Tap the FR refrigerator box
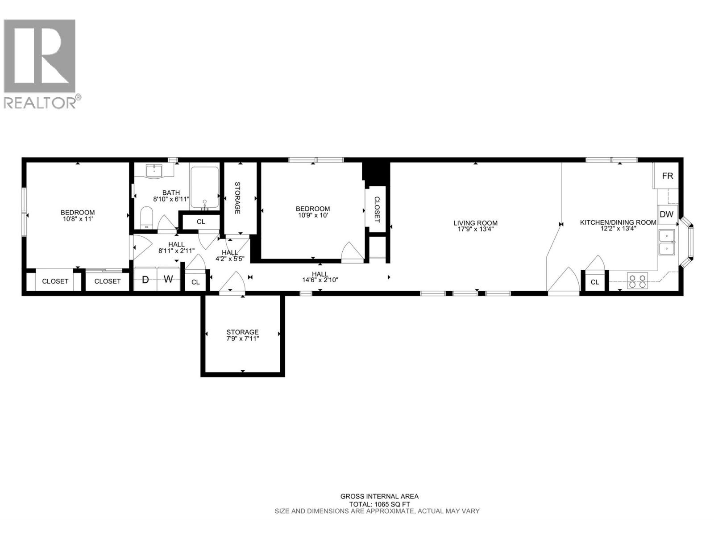667,176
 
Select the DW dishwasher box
666,214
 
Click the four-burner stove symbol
637,281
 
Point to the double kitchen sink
667,242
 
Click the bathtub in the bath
204,188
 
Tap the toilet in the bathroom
146,218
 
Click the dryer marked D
145,280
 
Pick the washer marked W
168,280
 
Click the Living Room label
475,223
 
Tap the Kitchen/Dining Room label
618,222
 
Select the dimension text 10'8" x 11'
78,219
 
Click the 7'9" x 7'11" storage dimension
242,339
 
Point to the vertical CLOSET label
376,209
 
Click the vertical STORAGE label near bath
237,197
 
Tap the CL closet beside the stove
594,282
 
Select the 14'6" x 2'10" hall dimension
320,281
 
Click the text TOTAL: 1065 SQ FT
379,504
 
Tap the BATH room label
171,193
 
